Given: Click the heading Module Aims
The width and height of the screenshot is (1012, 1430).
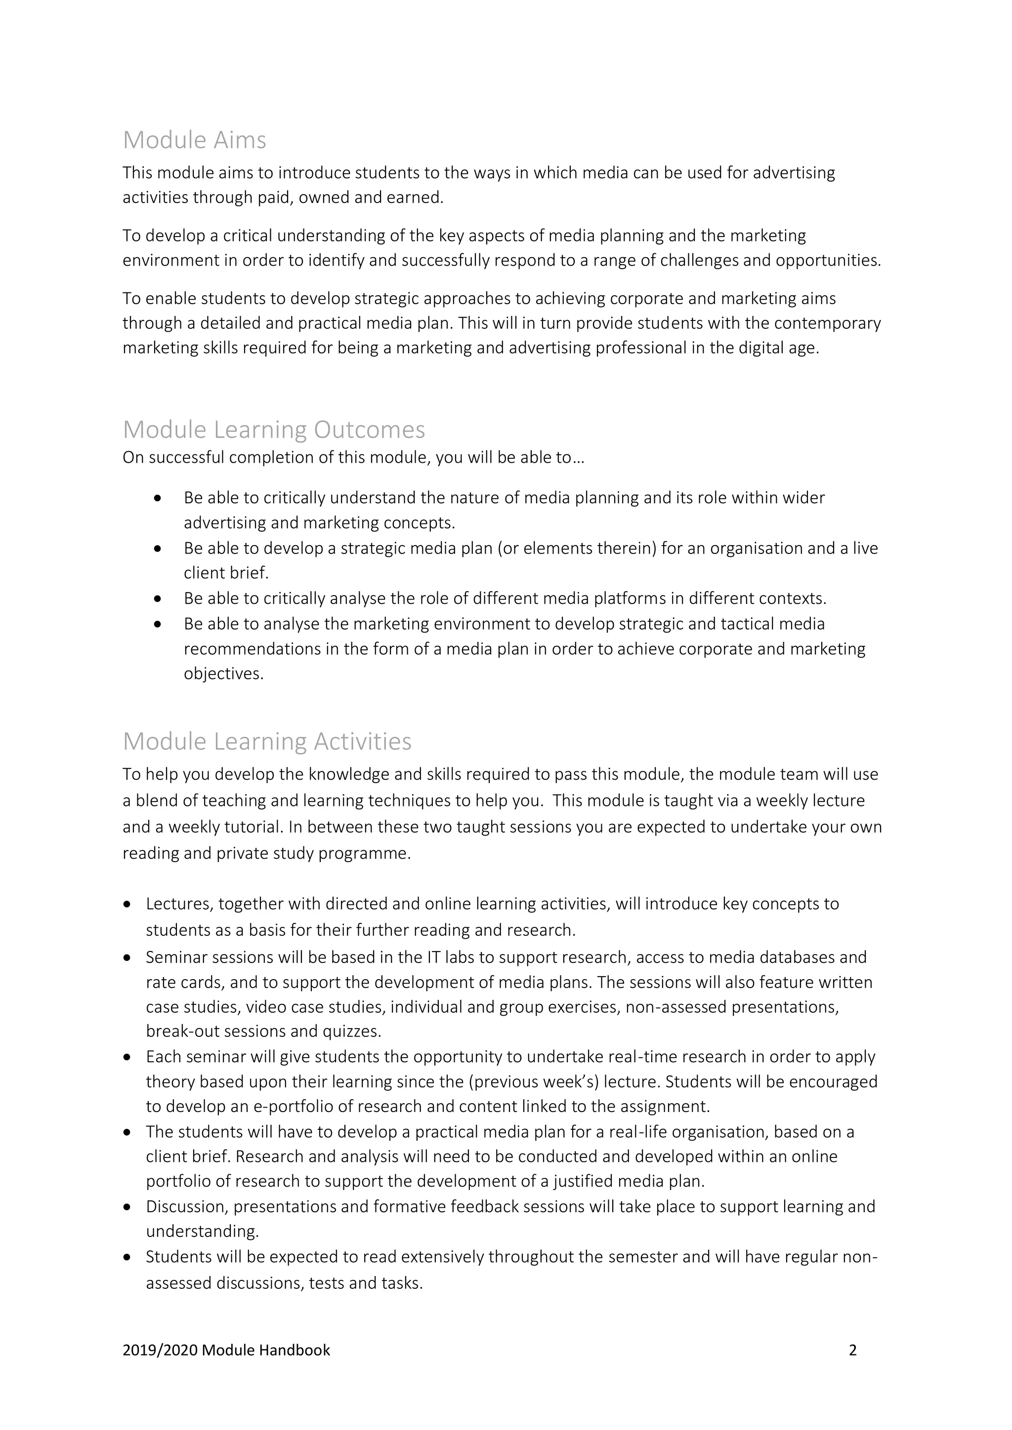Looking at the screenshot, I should pos(194,140).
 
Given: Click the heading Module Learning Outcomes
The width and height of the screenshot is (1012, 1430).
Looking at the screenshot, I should pos(274,430).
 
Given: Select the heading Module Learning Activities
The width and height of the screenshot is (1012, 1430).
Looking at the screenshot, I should pos(267,741).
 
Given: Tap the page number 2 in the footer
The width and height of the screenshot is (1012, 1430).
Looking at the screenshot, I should pos(852,1351).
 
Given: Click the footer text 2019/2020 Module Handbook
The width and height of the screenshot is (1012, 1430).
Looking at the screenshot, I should pos(226,1351).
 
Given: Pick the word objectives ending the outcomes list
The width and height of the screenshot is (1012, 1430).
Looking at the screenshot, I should pos(222,674).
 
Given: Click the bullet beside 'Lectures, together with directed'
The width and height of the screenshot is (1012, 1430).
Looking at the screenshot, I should pos(128,904).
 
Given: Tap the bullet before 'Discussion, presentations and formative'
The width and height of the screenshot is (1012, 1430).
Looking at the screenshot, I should pos(128,1208).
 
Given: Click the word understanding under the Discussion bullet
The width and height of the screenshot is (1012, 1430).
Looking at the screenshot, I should pos(201,1232).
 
